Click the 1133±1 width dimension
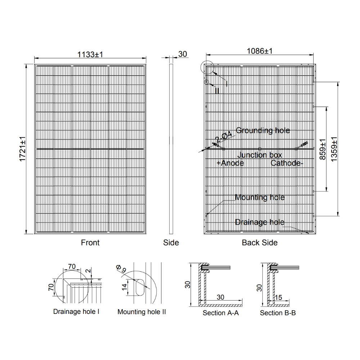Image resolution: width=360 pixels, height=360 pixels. pos(90,54)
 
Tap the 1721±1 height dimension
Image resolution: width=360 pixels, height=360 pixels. pos(22,149)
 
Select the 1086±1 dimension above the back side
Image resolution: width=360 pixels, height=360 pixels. pos(260,51)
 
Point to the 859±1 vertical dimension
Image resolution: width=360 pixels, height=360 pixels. pos(322,149)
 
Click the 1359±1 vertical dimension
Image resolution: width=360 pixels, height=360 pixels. pos(334,149)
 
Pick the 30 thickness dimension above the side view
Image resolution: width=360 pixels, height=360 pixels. pos(183,54)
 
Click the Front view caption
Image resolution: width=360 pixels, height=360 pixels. pos(90,243)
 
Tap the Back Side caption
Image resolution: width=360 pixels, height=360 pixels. pos(260,243)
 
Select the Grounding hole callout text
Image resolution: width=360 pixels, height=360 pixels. pos(263,130)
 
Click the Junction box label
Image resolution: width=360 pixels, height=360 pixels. pos(260,155)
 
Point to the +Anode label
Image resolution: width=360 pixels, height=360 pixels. pos(230,163)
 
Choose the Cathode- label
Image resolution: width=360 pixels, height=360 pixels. pos(287,163)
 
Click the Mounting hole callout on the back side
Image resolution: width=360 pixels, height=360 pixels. pos(260,197)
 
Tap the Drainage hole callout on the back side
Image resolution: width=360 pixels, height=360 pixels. pos(260,222)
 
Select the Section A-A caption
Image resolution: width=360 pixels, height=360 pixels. pos(221,313)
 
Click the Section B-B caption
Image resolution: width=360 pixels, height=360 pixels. pos(278,313)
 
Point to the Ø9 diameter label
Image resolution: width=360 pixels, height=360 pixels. pos(121,269)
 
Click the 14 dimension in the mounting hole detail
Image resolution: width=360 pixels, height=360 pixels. pos(124,287)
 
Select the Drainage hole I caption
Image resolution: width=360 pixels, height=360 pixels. pos(76,311)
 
